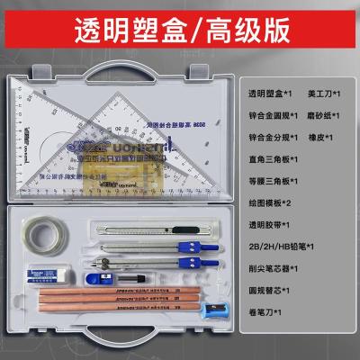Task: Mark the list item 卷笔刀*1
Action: click(265, 312)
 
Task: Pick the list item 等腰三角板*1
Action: click(275, 180)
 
